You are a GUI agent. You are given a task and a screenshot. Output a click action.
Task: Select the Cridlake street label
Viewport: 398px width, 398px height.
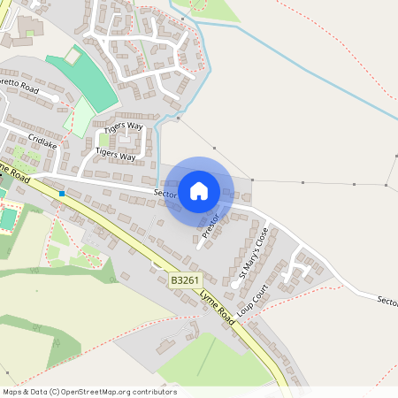tap(43, 141)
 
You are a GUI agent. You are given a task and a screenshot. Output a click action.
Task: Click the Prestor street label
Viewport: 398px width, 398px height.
tap(210, 225)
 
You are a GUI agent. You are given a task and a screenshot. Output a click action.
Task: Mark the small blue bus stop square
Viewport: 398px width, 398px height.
tap(62, 193)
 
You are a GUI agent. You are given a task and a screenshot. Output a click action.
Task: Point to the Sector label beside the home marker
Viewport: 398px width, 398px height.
tap(165, 192)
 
